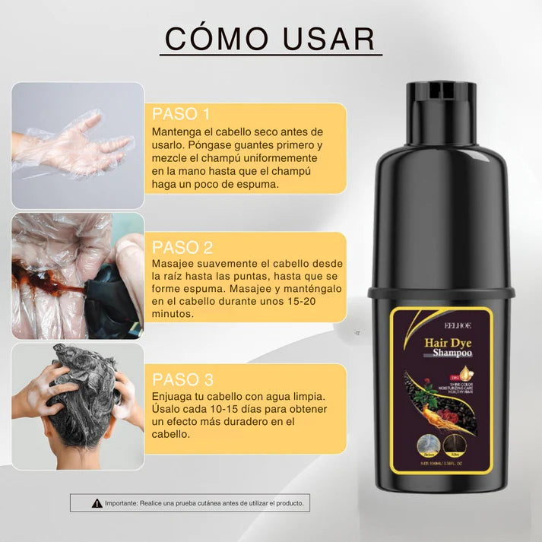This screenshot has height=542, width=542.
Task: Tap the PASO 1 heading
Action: pyautogui.click(x=181, y=114)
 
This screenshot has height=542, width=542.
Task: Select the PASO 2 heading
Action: pyautogui.click(x=182, y=247)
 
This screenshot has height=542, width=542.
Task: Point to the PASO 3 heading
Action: pyautogui.click(x=182, y=379)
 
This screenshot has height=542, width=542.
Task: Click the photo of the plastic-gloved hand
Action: pyautogui.click(x=77, y=145)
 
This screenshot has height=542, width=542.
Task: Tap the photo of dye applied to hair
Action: pyautogui.click(x=77, y=275)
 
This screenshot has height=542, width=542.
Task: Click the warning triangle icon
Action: pyautogui.click(x=97, y=503)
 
